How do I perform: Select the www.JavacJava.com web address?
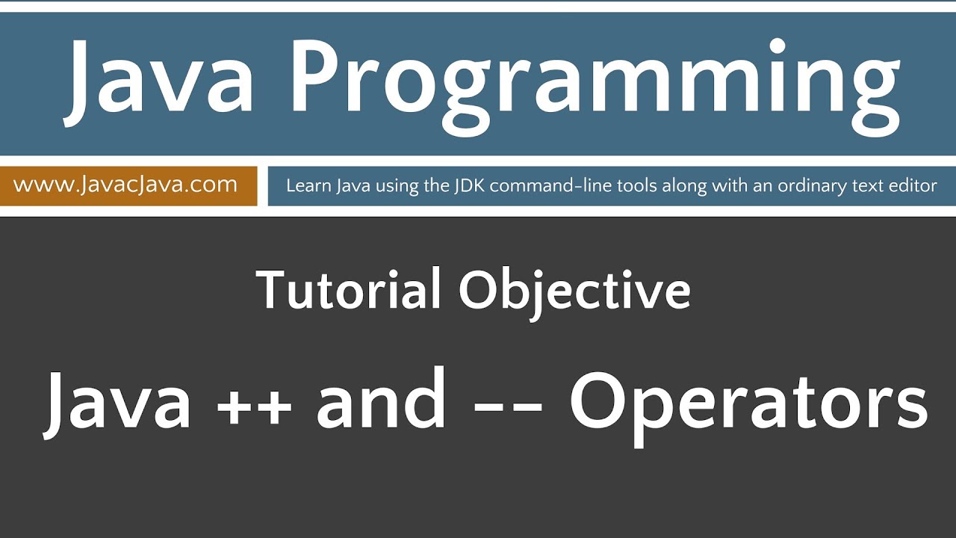(x=125, y=185)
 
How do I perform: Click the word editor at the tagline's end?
(x=912, y=185)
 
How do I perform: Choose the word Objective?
(x=574, y=291)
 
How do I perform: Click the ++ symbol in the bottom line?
(x=255, y=403)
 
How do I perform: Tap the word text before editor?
(x=870, y=185)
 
